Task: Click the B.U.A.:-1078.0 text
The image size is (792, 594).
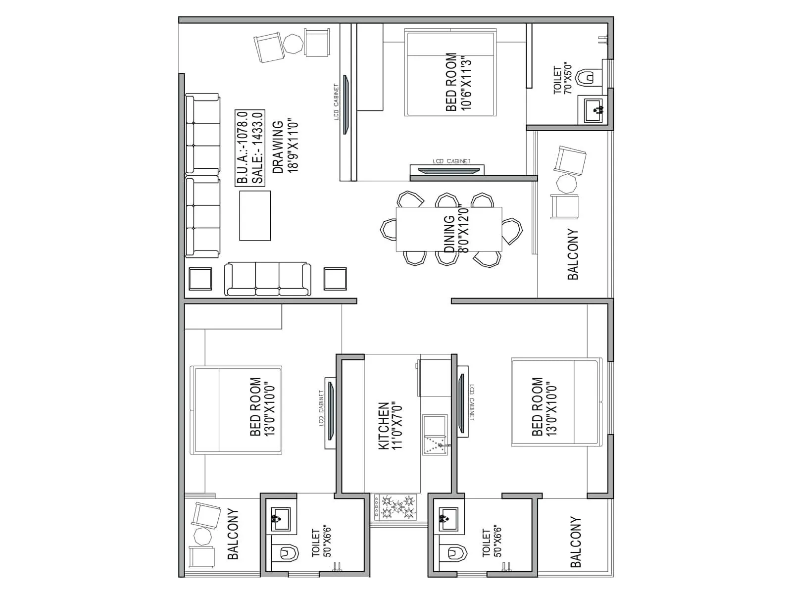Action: point(243,148)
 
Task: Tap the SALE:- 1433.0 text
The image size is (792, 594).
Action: point(257,148)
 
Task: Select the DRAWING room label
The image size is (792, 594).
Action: point(279,147)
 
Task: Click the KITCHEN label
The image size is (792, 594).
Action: point(384,426)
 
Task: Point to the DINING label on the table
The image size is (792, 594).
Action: point(449,234)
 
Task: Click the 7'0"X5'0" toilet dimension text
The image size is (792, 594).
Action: point(568,79)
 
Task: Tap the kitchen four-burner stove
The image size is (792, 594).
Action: point(396,507)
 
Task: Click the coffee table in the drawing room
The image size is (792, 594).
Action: point(255,216)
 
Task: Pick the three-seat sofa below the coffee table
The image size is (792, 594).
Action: point(268,280)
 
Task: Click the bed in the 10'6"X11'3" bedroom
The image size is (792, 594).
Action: point(450,73)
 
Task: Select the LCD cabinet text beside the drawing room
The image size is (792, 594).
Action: point(337,102)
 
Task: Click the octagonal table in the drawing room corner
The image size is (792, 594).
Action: point(293,43)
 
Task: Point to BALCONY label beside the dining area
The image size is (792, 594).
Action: point(573,254)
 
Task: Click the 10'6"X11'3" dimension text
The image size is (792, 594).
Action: point(465,82)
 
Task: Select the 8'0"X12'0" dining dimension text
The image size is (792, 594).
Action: point(464,229)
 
